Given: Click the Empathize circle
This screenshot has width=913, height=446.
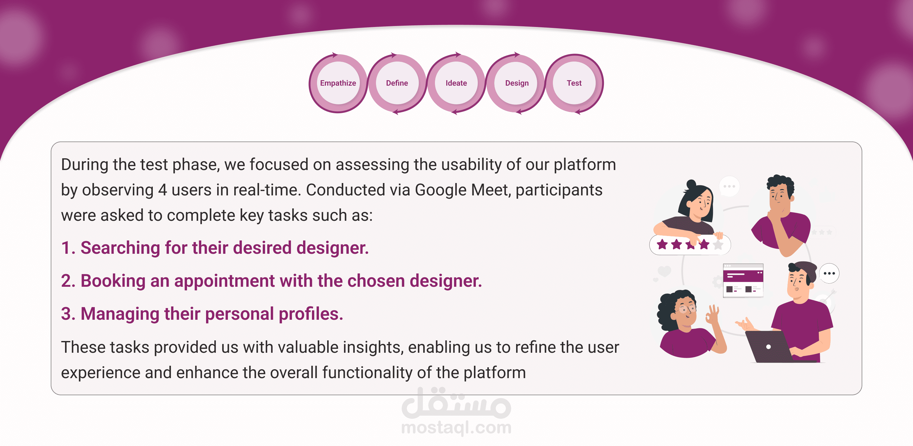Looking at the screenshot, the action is coord(338,83).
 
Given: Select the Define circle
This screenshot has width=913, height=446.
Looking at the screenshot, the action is coord(397,83).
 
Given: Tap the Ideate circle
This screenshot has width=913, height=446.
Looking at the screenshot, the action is coord(456,83).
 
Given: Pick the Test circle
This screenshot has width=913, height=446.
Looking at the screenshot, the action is coord(574,83).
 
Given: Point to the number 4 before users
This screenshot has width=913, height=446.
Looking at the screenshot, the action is coord(162,190).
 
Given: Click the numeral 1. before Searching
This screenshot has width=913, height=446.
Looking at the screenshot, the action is coord(68,247).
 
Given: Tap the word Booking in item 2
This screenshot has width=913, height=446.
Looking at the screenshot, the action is coord(113,281).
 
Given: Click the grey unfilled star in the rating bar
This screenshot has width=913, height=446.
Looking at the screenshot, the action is coord(718,245).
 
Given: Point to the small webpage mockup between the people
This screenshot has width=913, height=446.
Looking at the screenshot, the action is coord(743,280).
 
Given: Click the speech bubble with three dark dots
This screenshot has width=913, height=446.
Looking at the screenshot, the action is coord(829,273).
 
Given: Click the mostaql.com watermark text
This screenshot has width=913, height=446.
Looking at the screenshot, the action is coord(456,427).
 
